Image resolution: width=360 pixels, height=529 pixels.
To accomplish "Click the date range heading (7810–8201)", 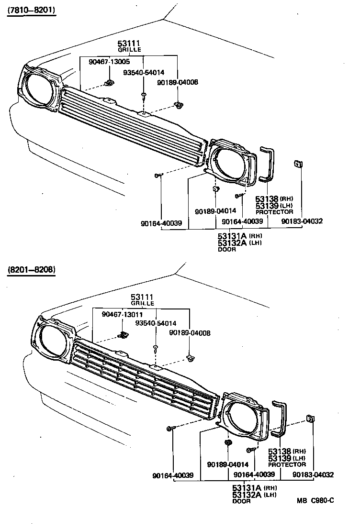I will tap(31, 11).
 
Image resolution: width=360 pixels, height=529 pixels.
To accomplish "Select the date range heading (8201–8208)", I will tap(31, 270).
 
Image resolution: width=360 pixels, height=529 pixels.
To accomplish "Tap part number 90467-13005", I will tap(109, 62).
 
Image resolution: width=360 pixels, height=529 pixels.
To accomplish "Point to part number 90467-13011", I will tap(122, 314).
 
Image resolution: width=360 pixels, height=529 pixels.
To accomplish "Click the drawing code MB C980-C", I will tap(315, 500).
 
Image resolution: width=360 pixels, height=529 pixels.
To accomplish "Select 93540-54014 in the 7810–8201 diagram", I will tap(144, 73).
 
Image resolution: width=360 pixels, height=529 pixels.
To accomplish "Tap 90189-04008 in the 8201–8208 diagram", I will tap(190, 333).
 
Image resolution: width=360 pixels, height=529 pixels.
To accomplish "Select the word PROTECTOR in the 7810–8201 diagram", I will tap(274, 211).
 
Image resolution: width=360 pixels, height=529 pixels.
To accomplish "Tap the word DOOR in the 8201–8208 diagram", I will tap(241, 501).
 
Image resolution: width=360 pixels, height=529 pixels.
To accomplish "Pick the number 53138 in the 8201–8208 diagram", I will tap(280, 452).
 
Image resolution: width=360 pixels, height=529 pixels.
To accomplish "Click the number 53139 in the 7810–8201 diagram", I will tap(267, 205).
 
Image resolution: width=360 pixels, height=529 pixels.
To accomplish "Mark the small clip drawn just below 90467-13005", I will tap(109, 83).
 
